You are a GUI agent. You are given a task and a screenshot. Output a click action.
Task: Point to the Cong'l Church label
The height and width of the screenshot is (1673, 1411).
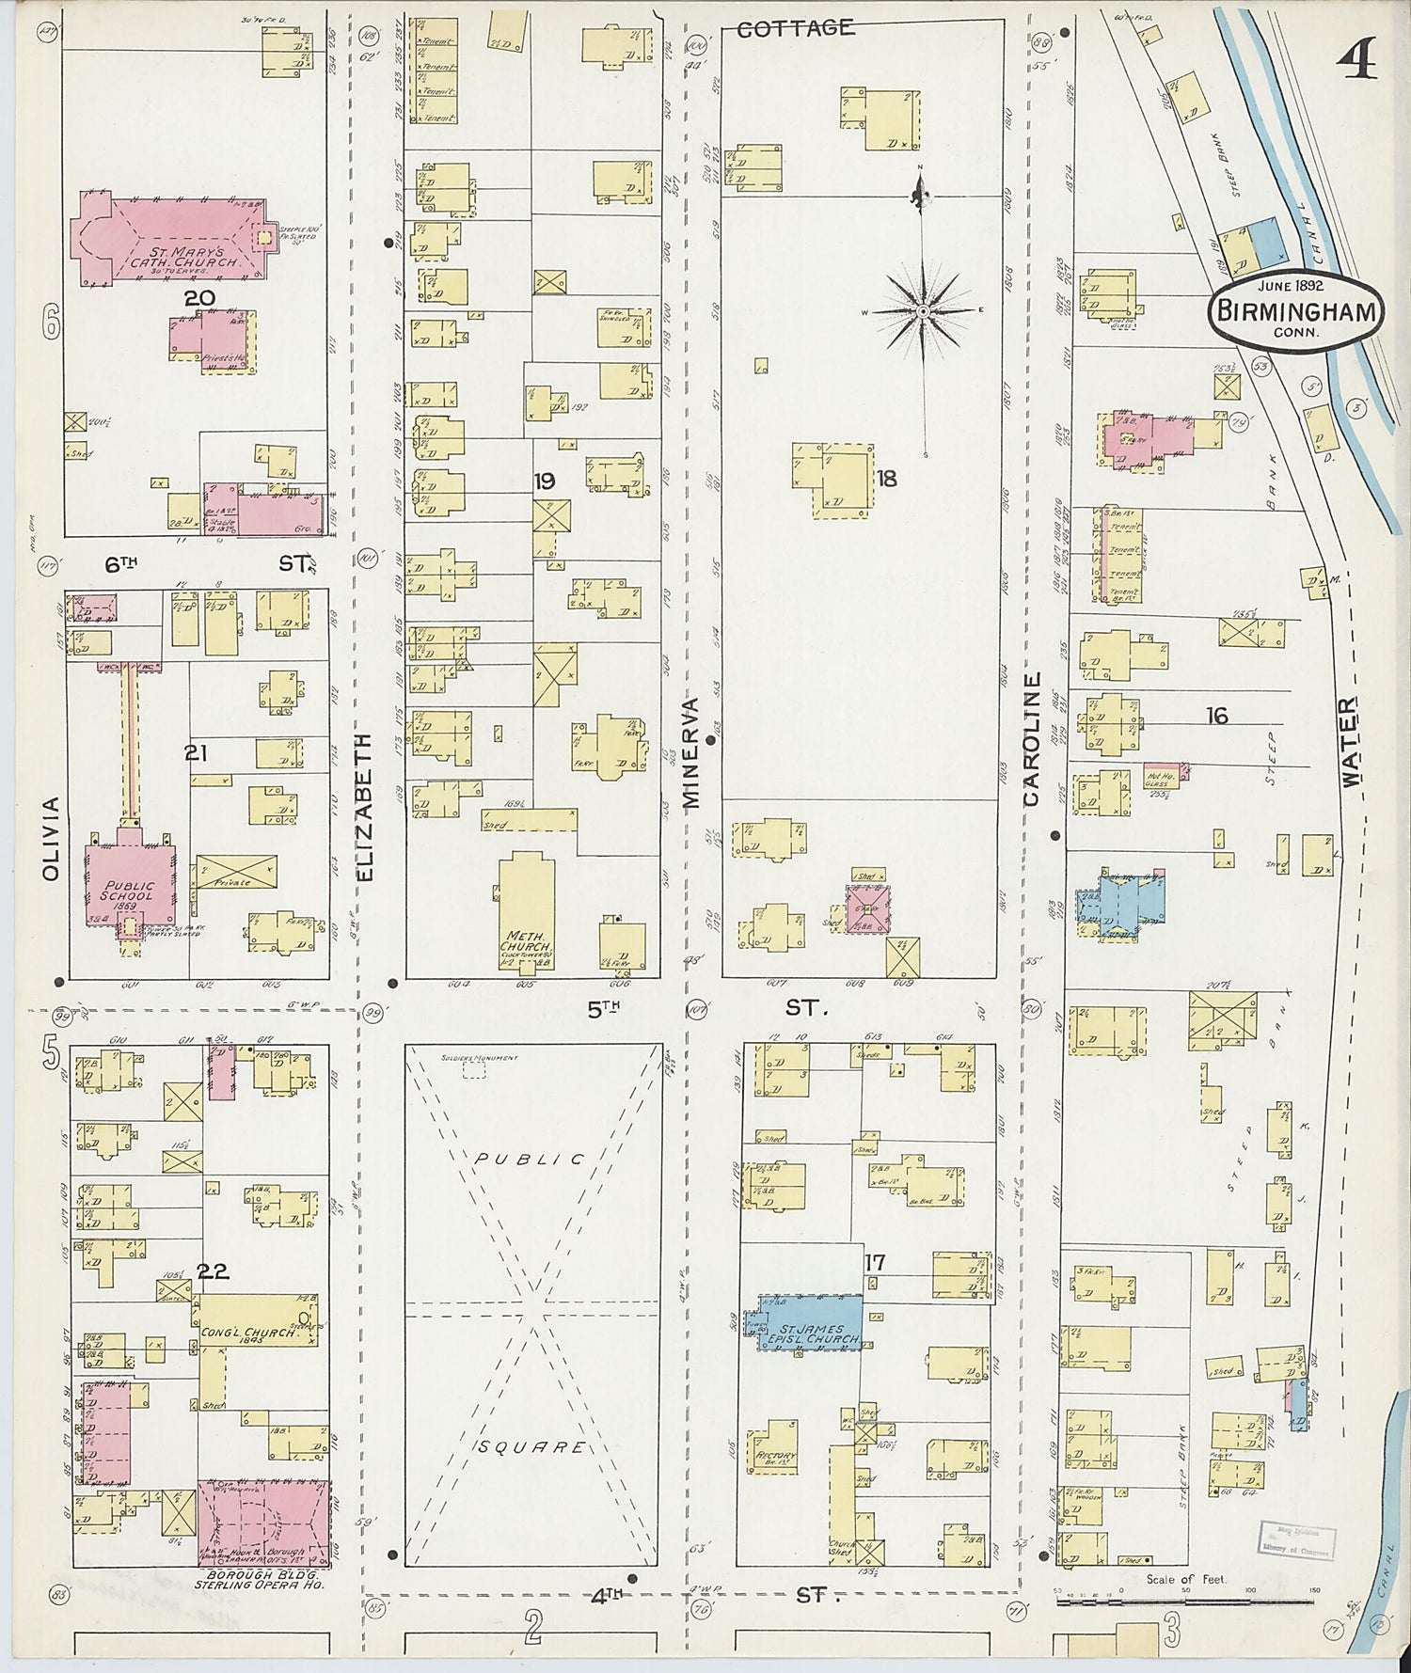[x=246, y=1333]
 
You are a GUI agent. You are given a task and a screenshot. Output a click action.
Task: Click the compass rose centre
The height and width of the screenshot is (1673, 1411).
[x=923, y=310]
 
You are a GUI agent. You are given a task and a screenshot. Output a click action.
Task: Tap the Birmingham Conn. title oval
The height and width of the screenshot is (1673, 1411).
[x=1296, y=312]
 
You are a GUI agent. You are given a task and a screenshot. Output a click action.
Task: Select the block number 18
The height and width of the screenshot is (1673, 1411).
[x=886, y=479]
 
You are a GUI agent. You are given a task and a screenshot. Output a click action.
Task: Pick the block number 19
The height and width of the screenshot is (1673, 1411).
[x=544, y=481]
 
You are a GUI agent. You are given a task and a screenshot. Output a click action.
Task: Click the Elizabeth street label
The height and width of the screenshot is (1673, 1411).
[x=366, y=807]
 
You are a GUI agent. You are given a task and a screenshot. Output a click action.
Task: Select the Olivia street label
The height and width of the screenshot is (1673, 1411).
[x=51, y=839]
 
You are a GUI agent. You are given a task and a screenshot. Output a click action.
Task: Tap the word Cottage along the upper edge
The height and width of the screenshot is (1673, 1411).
[x=795, y=28]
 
